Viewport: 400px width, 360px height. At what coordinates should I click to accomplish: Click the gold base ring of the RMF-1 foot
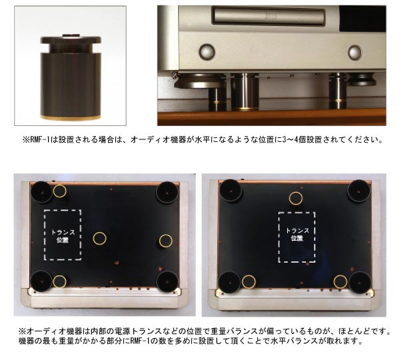coord(71,117)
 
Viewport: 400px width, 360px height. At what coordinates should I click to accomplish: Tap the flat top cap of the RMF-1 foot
coord(71,39)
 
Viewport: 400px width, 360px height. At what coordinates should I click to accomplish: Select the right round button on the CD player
coord(355,52)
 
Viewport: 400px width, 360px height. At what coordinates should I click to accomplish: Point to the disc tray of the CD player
coord(269,16)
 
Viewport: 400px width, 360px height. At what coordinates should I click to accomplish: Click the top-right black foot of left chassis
coord(167,191)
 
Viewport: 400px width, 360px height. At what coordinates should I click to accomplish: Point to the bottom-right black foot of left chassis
coord(167,281)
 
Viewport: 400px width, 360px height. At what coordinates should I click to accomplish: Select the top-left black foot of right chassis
coord(231,191)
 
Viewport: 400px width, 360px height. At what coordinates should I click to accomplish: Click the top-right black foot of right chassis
coord(359,191)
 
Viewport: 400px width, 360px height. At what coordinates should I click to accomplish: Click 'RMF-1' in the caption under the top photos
coord(39,140)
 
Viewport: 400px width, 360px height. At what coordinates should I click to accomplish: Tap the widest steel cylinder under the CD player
coord(245,92)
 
